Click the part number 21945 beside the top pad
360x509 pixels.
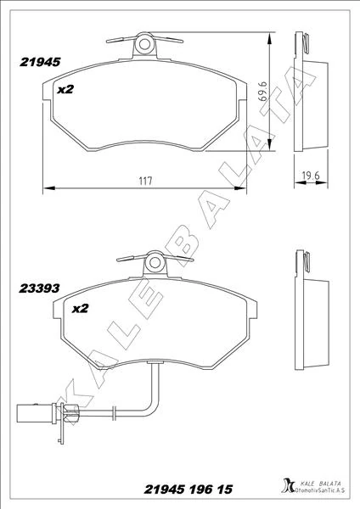point(40,62)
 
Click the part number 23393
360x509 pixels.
point(39,288)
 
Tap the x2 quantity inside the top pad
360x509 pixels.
point(65,89)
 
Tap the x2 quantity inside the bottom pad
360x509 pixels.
point(80,308)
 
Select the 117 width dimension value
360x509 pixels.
point(145,181)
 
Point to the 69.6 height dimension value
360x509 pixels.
point(263,92)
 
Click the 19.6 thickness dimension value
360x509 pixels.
point(311,176)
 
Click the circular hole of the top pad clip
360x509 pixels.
point(144,44)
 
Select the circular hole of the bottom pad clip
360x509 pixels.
point(155,263)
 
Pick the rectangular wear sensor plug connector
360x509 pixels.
point(36,413)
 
